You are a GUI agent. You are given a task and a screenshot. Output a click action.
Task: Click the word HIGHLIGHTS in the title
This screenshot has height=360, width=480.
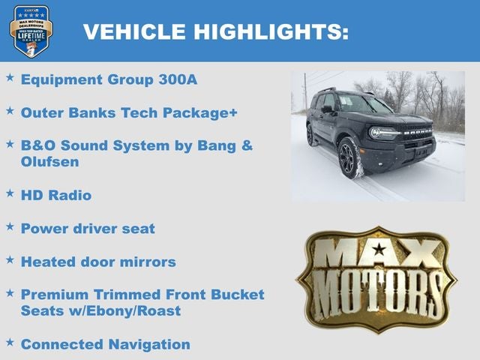[x=271, y=31]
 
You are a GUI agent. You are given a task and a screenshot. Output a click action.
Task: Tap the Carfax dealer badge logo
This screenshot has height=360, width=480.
[x=31, y=31]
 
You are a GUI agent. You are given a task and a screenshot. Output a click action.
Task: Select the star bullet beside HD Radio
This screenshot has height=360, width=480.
[x=10, y=193]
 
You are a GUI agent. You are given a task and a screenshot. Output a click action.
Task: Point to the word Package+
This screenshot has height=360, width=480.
[x=204, y=112]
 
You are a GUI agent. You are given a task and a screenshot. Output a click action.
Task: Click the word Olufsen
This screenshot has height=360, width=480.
[x=49, y=161]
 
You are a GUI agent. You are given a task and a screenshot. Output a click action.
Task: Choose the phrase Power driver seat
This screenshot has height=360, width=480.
[x=88, y=228]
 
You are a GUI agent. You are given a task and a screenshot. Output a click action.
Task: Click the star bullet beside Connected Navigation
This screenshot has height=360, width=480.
[x=10, y=342]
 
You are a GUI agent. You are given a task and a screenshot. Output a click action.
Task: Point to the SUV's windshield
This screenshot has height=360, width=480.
[x=362, y=105]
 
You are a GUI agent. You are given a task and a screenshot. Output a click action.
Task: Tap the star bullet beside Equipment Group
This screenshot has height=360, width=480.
[x=10, y=76]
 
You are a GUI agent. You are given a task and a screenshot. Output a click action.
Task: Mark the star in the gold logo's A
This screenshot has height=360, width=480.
[x=379, y=249]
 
